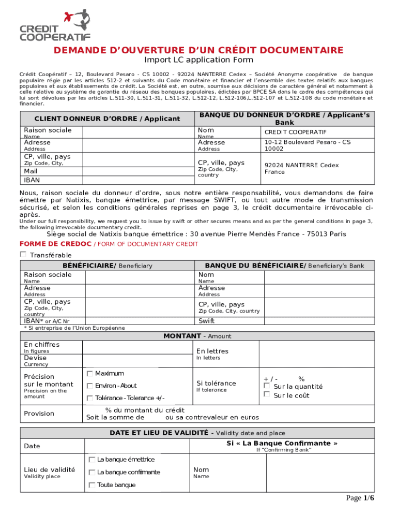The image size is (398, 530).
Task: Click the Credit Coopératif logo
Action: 55,25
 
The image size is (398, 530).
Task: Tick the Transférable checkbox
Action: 23,254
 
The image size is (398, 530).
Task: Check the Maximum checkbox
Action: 90,373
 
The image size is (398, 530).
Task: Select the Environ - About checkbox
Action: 90,386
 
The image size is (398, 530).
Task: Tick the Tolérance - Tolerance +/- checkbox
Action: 90,398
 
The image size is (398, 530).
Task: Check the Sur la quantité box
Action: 267,386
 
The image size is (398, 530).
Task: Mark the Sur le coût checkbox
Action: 267,395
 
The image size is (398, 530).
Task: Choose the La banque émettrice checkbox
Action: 92,460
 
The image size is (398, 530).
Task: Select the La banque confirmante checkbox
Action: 92,472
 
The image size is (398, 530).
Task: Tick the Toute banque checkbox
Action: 92,485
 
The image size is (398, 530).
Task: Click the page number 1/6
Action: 360,498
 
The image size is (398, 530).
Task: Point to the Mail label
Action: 31,171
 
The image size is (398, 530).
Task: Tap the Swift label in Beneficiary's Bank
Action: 206,321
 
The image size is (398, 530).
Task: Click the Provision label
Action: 39,413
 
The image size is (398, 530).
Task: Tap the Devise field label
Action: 35,358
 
